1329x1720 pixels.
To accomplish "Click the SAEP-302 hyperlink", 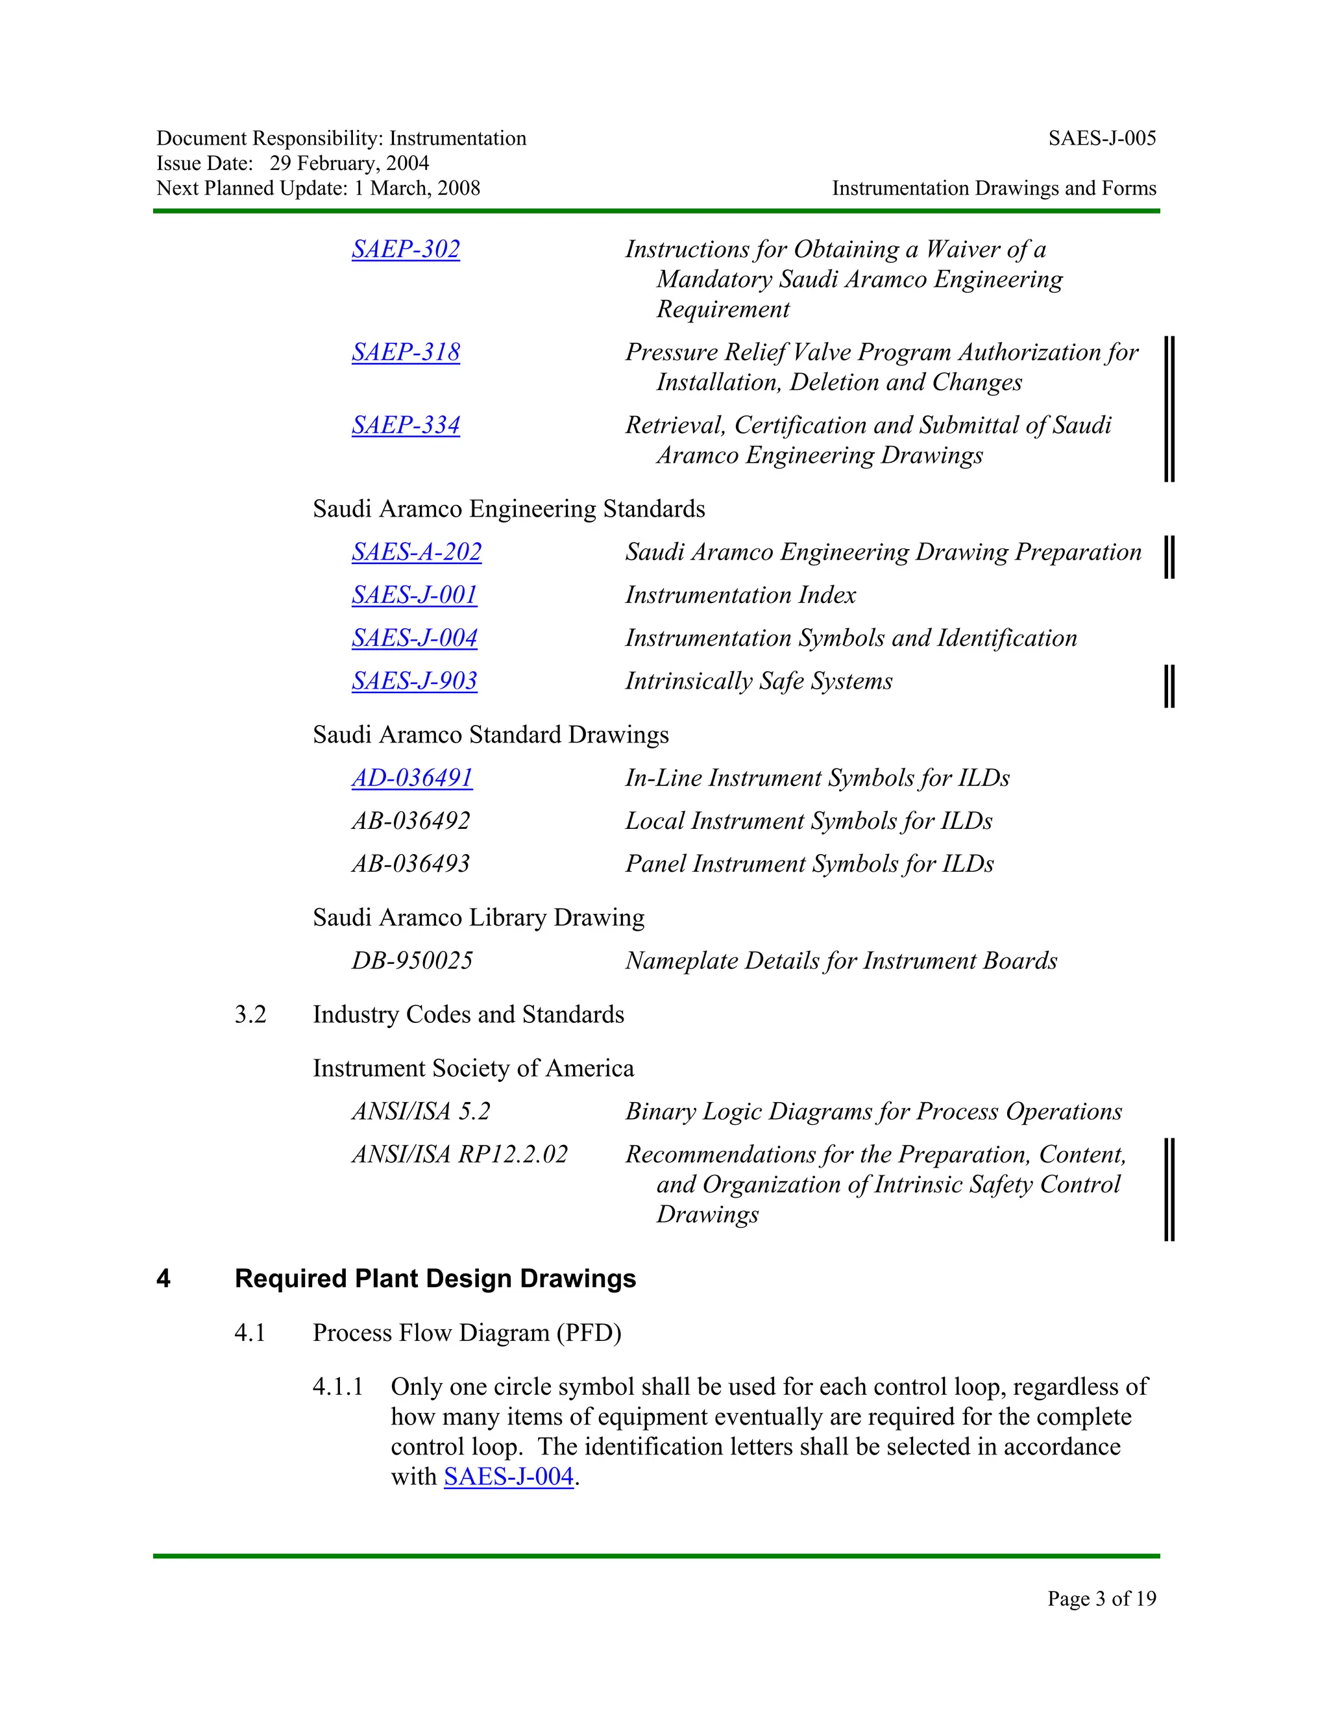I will pos(406,250).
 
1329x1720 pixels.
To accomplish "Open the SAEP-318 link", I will pos(406,353).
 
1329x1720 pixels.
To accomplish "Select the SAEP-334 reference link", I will pos(406,425).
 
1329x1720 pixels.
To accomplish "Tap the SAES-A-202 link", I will pos(417,552).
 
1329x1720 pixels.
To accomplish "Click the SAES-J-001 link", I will pos(414,595).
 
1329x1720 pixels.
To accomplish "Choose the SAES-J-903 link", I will pos(414,682).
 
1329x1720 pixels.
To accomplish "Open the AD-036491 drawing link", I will pos(412,778).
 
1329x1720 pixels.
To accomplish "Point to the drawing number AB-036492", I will pos(410,822).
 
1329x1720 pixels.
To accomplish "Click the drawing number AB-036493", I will pos(410,864).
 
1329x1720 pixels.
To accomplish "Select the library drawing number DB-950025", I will pos(412,961).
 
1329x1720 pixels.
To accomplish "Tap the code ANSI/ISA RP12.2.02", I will pos(459,1155).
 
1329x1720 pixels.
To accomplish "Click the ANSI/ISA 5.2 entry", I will pos(421,1112).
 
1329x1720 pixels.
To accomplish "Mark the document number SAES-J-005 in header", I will pos(1101,139).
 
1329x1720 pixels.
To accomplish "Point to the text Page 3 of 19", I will pos(1101,1598).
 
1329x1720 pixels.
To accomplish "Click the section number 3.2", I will pos(250,1014).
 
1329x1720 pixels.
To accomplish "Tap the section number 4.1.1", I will pos(337,1387).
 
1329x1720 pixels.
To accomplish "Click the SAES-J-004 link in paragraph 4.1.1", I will pos(509,1477).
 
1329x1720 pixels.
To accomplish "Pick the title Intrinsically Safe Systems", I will pos(758,682).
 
